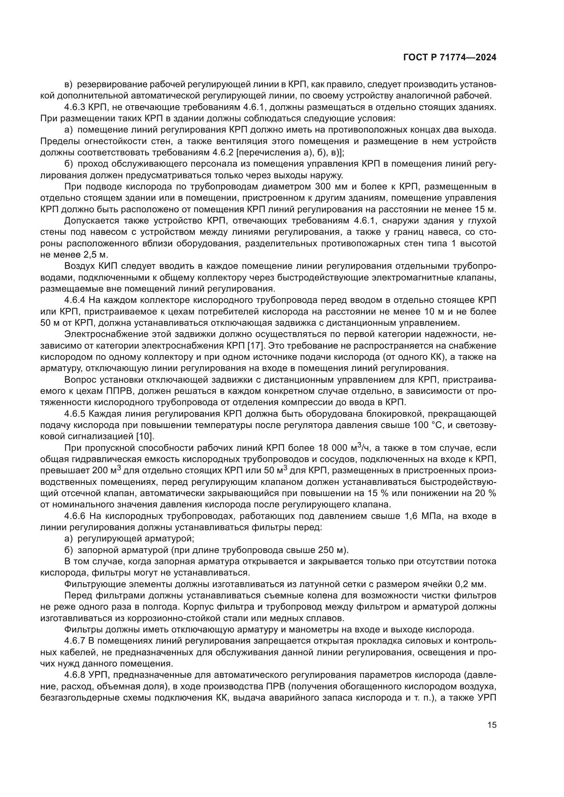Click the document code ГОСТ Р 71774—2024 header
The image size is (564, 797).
coord(450,58)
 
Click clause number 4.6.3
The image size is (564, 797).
coord(75,107)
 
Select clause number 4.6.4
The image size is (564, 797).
coord(75,300)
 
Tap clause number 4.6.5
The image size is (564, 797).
coord(75,414)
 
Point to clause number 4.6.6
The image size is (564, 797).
coord(75,516)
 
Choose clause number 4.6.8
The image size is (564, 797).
coord(75,675)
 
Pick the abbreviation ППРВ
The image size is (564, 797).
coord(117,391)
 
